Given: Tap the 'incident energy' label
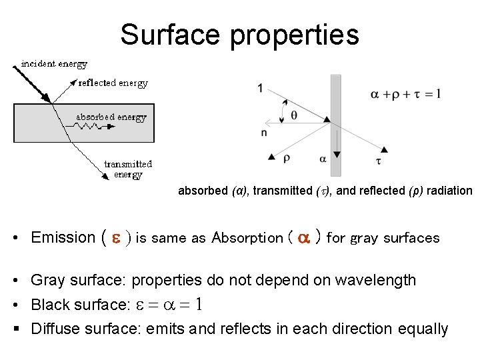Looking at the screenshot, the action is (54, 64).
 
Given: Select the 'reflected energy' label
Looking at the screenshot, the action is (113, 83).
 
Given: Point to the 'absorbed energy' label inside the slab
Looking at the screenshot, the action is (111, 117).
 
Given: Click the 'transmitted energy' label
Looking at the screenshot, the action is (128, 169).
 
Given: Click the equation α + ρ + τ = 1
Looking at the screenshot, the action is (405, 94).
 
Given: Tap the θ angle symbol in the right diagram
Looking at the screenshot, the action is (294, 115).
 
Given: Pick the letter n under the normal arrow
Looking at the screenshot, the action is (264, 133).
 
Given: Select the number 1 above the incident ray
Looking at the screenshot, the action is (260, 87).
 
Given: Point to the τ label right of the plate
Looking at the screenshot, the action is (379, 161).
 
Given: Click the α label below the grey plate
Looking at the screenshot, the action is (323, 159).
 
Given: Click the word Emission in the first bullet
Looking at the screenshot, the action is (63, 237).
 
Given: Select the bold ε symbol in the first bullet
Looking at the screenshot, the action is (115, 238).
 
